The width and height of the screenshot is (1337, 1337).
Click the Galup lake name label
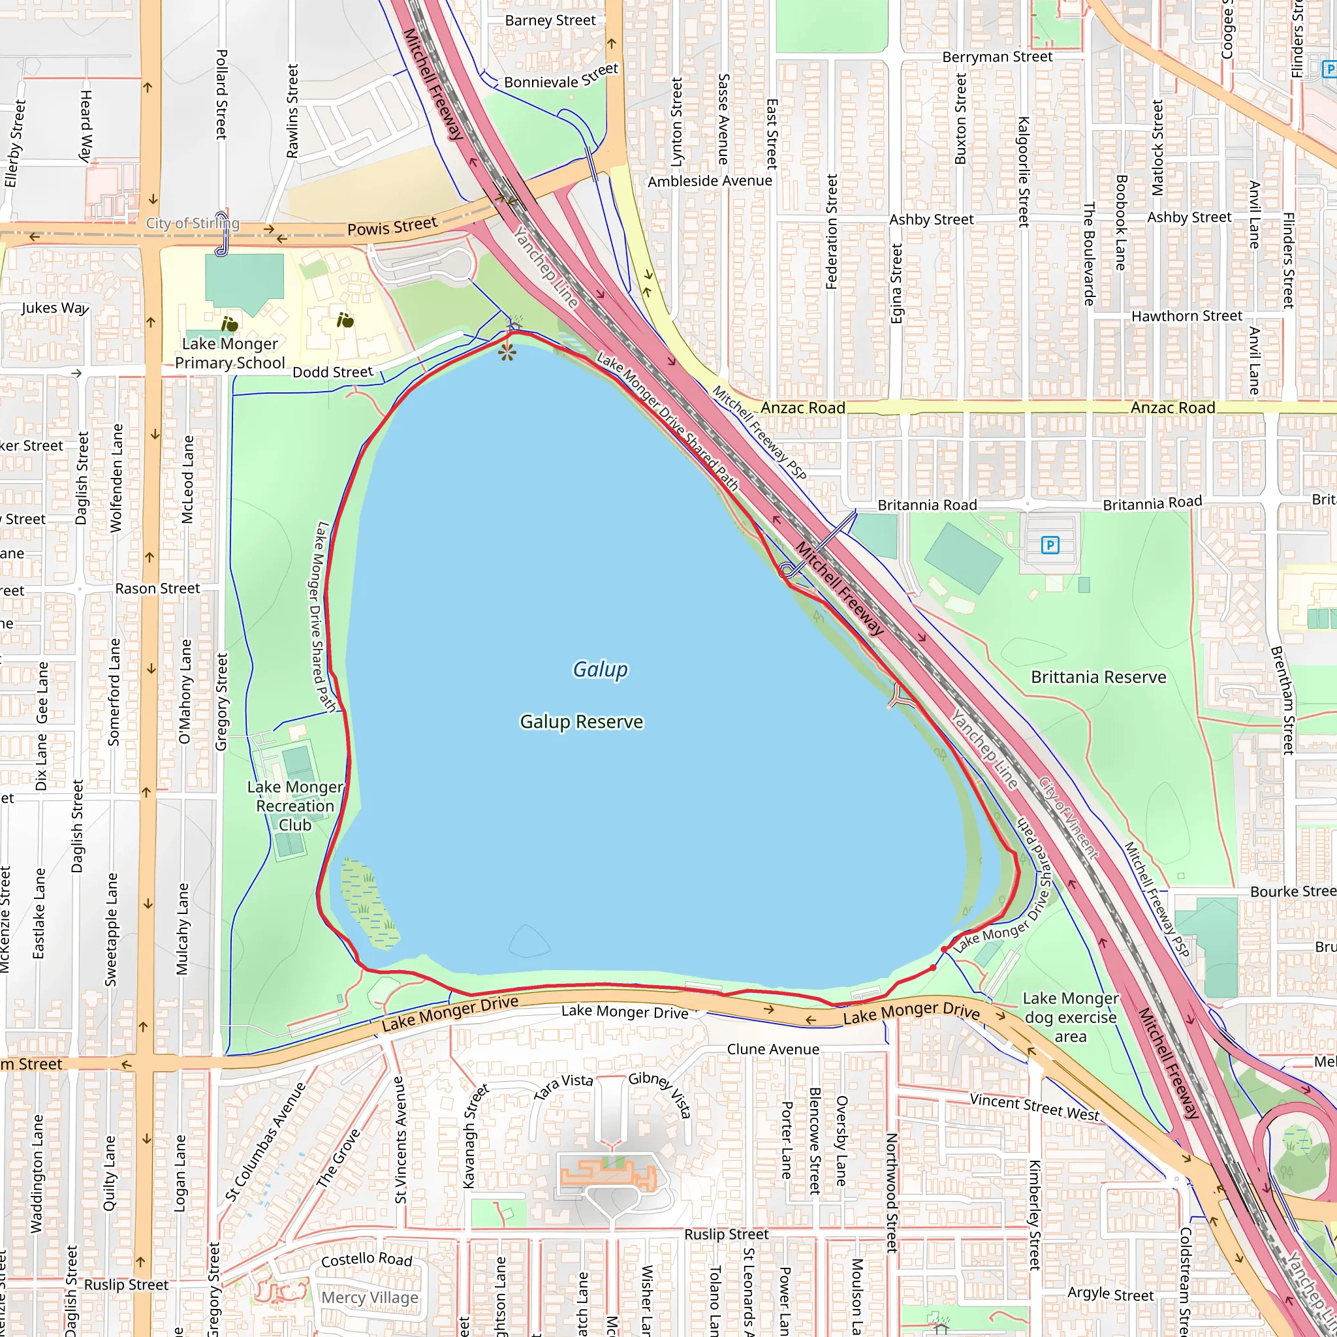[x=600, y=669]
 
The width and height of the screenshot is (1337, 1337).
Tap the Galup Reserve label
[x=581, y=722]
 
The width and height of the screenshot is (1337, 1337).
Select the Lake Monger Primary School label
[x=230, y=353]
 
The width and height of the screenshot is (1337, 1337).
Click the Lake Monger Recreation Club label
[x=295, y=806]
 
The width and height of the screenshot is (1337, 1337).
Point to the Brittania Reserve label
[x=1098, y=677]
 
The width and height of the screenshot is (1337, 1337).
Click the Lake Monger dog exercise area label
[x=1070, y=1017]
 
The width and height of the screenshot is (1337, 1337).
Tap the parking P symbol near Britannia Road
[x=1050, y=545]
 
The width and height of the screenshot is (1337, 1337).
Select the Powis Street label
[x=392, y=227]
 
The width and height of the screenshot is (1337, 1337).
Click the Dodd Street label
[x=333, y=372]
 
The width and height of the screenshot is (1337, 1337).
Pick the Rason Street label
[x=157, y=588]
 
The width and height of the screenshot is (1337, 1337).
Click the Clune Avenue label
[x=773, y=1049]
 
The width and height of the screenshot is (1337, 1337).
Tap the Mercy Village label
[x=370, y=1298]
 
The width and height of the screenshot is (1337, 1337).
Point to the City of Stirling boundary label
[x=193, y=223]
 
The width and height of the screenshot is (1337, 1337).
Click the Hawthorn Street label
[x=1187, y=316]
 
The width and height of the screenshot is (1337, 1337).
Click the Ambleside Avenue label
[x=710, y=181]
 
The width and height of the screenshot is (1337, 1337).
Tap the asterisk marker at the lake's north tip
[x=507, y=354]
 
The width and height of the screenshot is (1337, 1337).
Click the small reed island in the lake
[x=368, y=903]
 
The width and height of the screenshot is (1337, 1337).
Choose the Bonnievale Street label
[x=561, y=78]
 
